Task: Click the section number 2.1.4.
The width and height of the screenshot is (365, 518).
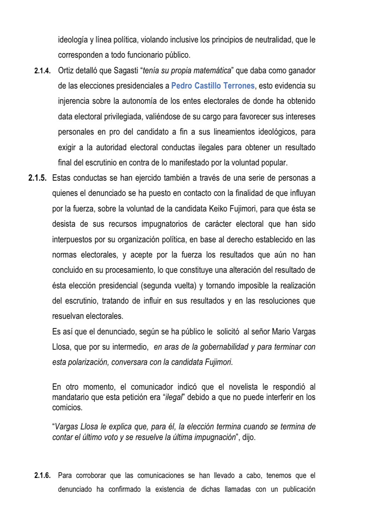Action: point(43,71)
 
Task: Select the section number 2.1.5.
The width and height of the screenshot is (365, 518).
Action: point(38,178)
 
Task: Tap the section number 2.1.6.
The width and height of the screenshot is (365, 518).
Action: point(43,475)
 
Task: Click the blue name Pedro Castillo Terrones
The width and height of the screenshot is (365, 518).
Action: point(213,86)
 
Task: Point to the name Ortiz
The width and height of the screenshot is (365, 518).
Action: point(66,71)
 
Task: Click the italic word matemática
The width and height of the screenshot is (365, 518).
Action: point(212,71)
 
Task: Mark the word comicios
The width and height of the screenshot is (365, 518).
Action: point(67,407)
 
